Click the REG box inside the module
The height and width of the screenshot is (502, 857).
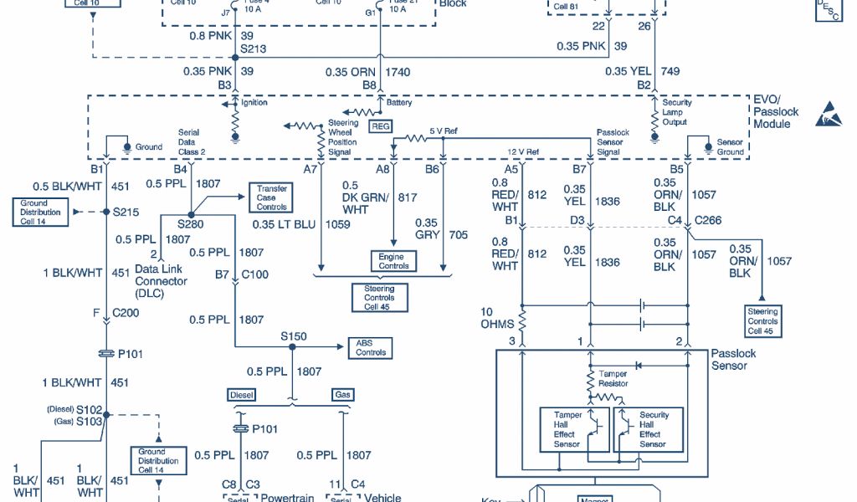coord(381,125)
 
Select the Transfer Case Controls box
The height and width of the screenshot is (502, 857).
coord(271,197)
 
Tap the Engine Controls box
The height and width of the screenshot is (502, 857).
coord(393,261)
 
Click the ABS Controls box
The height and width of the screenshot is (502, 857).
coord(371,347)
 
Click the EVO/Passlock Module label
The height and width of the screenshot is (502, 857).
coord(776,111)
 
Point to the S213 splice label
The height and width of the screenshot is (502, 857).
coord(253,49)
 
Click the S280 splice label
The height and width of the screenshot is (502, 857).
coord(190,224)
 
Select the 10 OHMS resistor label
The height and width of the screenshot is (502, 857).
coord(498,318)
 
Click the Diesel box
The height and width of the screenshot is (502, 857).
coord(241,395)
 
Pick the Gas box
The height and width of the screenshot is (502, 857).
coord(342,395)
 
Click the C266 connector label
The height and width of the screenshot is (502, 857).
coord(711,221)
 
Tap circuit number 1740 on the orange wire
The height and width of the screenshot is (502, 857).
coord(398,73)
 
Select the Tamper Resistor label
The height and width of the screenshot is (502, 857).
coord(613,379)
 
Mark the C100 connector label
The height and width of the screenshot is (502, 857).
coord(255,274)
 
